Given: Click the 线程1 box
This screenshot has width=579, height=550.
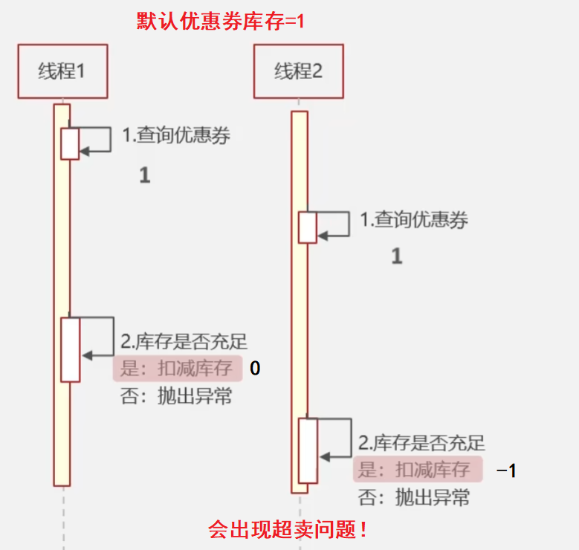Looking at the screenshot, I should (x=62, y=71).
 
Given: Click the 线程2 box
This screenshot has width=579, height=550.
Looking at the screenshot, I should (x=298, y=71).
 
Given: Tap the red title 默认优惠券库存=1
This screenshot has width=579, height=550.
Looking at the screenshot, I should (x=221, y=21).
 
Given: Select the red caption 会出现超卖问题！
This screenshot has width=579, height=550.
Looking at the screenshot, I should (x=288, y=530).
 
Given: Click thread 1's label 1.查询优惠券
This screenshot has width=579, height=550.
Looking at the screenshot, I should (x=176, y=136).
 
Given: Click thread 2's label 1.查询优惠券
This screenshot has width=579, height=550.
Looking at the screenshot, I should (x=414, y=220).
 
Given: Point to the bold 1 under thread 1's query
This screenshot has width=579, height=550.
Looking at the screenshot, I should (x=145, y=175).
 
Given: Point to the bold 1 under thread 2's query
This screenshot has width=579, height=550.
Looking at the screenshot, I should (x=397, y=257).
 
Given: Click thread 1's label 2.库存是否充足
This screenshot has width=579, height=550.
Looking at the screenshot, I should (x=184, y=342).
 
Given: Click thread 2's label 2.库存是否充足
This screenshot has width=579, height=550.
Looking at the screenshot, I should (x=421, y=444).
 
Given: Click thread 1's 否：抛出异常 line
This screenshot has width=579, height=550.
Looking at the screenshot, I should (x=176, y=396).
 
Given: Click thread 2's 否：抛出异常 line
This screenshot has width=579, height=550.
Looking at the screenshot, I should (x=414, y=497).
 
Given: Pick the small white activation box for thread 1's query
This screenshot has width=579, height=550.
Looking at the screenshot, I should (x=70, y=143).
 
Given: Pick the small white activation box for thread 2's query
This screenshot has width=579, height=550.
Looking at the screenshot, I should (x=308, y=227).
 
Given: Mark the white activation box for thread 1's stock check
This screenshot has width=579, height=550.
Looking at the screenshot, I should (x=70, y=349).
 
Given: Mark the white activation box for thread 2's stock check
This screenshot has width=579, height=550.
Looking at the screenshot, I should (x=308, y=451).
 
